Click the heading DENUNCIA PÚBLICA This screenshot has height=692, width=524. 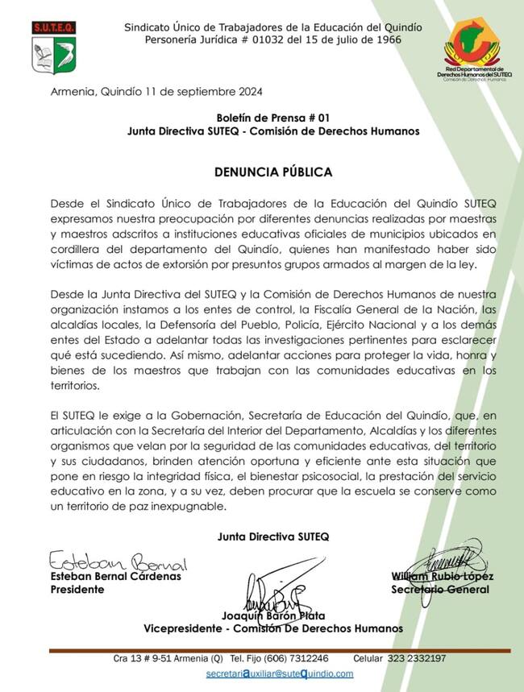272,172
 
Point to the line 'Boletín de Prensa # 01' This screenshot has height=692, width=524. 273,117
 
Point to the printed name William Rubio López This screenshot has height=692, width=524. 442,576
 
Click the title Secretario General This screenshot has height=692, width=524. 439,589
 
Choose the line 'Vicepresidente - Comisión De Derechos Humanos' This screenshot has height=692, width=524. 272,628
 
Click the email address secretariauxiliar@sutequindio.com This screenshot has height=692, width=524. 280,673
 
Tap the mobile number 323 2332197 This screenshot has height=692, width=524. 416,658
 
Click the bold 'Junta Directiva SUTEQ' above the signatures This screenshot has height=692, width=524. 272,536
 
